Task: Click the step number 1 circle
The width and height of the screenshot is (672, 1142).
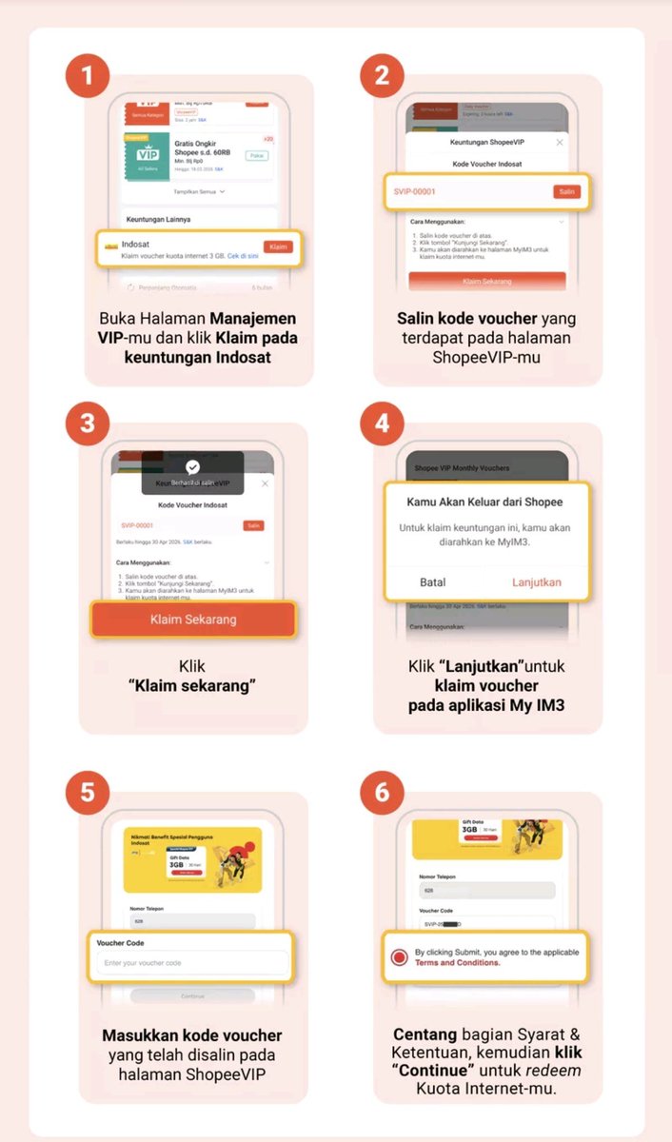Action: pyautogui.click(x=88, y=75)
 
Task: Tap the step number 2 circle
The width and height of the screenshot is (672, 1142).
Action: pyautogui.click(x=382, y=75)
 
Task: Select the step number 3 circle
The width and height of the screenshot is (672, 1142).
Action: pyautogui.click(x=88, y=422)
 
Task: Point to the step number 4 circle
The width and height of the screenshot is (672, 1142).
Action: pyautogui.click(x=382, y=422)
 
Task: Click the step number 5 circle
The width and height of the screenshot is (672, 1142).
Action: pyautogui.click(x=88, y=792)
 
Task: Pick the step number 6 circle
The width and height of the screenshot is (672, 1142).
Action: pyautogui.click(x=382, y=792)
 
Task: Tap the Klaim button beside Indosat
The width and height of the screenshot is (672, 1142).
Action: pyautogui.click(x=278, y=246)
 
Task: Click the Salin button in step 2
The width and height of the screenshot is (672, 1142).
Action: pyautogui.click(x=566, y=191)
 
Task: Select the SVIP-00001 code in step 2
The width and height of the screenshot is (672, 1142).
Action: pyautogui.click(x=414, y=191)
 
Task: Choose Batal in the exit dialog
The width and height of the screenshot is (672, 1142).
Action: pyautogui.click(x=432, y=581)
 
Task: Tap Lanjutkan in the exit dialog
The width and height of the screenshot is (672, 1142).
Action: pyautogui.click(x=537, y=581)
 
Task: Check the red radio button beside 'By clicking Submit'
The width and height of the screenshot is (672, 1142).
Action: pyautogui.click(x=400, y=956)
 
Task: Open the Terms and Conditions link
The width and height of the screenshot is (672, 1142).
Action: pyautogui.click(x=457, y=963)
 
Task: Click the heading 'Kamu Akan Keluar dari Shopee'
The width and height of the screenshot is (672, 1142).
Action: pyautogui.click(x=484, y=502)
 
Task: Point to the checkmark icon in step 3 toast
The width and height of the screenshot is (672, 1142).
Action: pyautogui.click(x=193, y=466)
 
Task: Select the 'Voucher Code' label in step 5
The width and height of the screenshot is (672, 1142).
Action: pyautogui.click(x=120, y=943)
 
